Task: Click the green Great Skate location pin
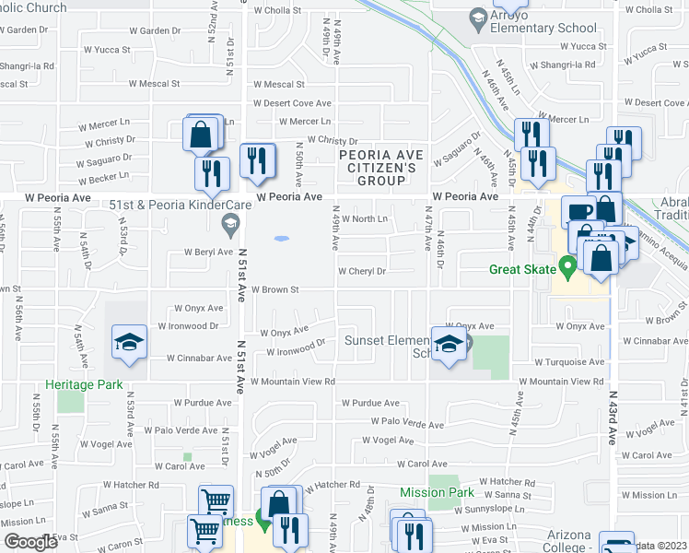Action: coord(568,268)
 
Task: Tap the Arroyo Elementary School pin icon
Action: coord(478,17)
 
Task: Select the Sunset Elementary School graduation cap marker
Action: coord(449,346)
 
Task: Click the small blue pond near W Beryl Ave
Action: coord(281,239)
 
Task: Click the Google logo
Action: coord(30,542)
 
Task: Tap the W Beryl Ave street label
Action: coord(208,251)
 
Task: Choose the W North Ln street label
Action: coord(366,218)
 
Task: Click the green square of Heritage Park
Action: coord(69,402)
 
